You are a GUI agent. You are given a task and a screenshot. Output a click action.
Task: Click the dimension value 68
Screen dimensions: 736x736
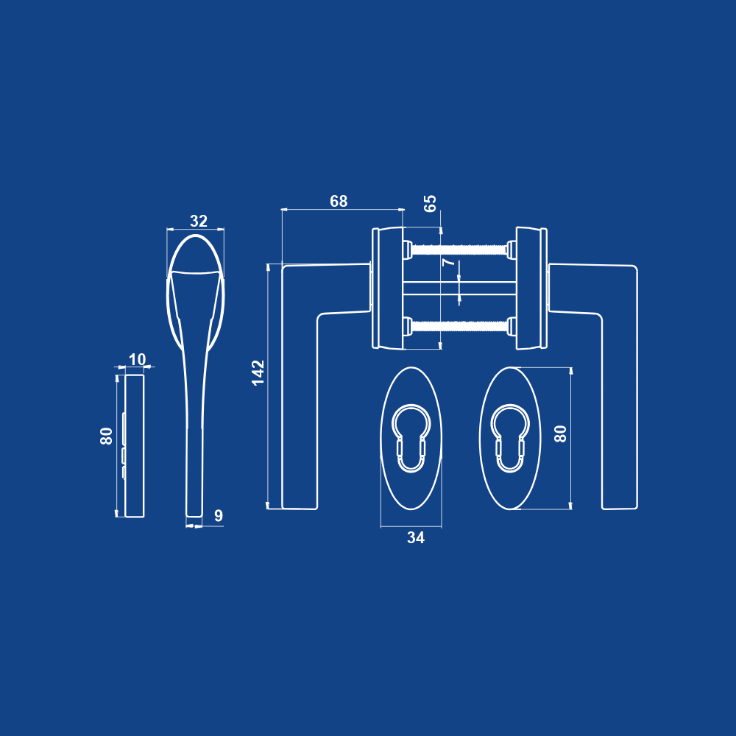(339, 201)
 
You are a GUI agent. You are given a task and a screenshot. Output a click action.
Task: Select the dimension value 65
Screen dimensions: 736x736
(430, 203)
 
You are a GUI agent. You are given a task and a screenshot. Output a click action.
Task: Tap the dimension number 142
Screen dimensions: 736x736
(258, 372)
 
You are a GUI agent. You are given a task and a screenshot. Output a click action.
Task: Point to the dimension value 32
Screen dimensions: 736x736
(199, 221)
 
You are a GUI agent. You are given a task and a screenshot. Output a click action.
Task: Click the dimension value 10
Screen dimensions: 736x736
(137, 360)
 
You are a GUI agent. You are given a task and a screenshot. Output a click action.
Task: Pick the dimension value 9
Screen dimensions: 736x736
(219, 515)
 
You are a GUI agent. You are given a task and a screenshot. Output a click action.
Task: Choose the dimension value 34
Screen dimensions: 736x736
(416, 537)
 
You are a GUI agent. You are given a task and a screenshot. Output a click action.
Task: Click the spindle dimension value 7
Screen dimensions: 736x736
(449, 262)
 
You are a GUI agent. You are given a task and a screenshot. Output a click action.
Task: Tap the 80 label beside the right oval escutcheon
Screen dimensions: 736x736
(560, 434)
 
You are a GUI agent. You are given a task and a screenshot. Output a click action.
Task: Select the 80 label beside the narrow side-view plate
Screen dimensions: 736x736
(107, 436)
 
